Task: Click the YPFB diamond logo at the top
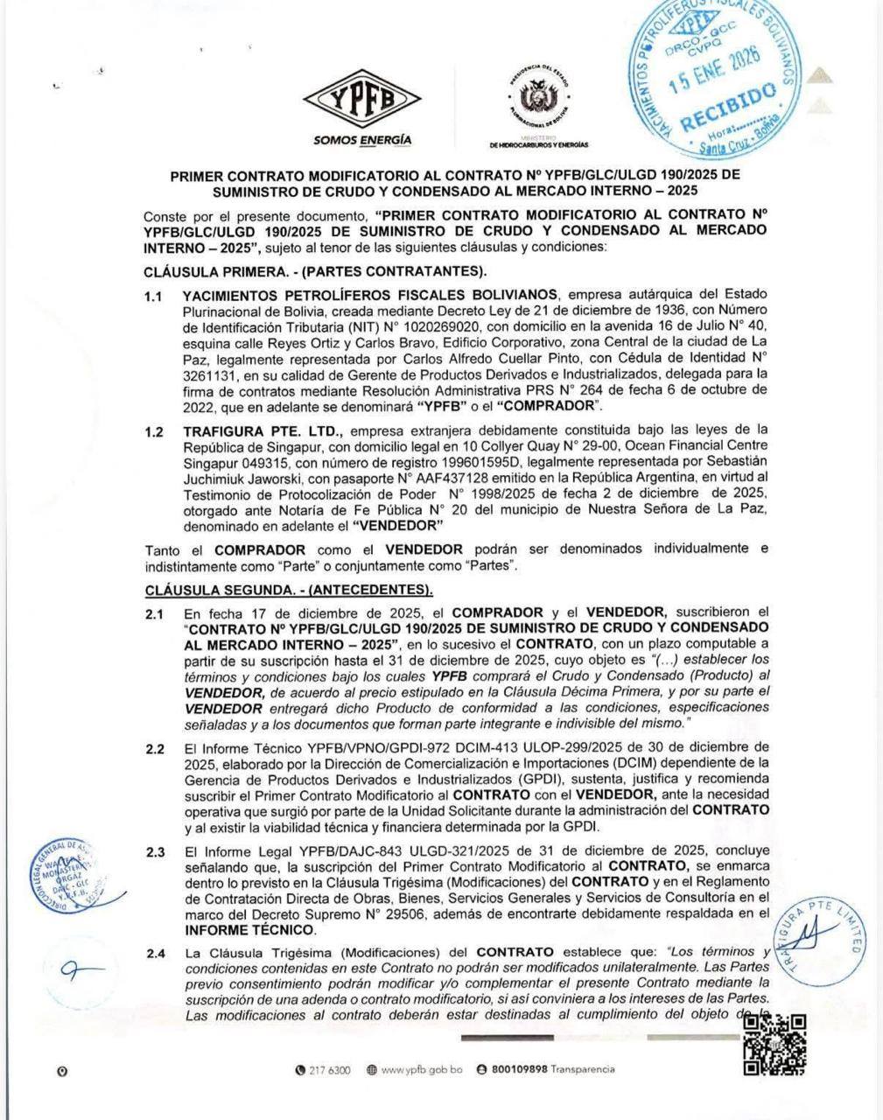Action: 361,100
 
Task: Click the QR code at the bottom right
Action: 774,1045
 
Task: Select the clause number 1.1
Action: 154,297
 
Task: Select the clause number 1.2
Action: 154,430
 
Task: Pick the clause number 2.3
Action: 155,851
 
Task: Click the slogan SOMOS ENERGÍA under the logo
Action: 362,140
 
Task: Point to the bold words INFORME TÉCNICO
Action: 249,929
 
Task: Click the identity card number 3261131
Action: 210,373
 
